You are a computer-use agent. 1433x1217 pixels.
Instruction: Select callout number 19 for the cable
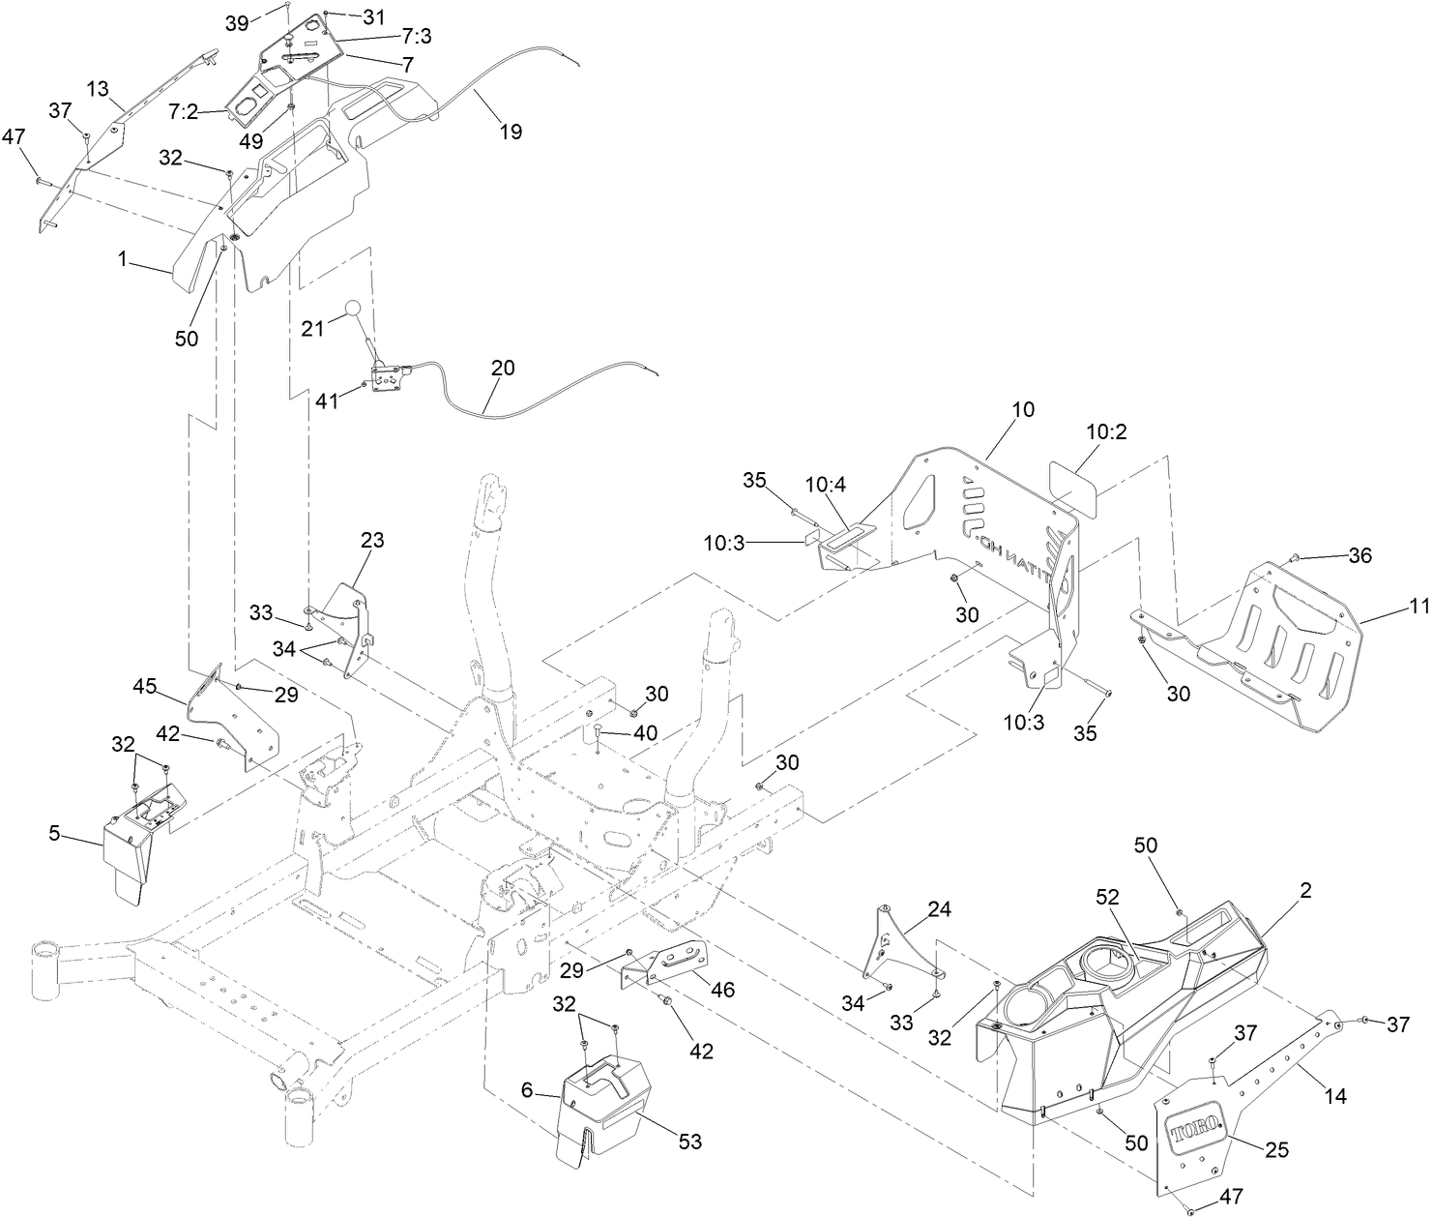click(510, 132)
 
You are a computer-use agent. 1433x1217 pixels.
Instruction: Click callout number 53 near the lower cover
click(689, 1143)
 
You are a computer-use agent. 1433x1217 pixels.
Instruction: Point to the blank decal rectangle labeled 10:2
click(1073, 481)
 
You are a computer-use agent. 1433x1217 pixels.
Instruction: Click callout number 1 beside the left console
click(123, 259)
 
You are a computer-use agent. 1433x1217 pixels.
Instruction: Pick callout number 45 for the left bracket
click(145, 686)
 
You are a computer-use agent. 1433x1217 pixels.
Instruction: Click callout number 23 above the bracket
click(372, 540)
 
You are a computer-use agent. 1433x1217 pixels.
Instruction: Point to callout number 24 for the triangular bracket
click(939, 909)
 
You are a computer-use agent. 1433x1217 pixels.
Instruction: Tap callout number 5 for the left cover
click(56, 831)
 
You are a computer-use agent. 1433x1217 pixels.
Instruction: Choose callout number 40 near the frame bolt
click(645, 733)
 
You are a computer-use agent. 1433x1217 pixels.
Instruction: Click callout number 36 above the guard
click(1360, 555)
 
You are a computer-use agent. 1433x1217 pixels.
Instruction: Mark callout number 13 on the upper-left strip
click(98, 89)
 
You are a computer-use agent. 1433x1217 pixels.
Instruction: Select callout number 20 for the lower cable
click(503, 369)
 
